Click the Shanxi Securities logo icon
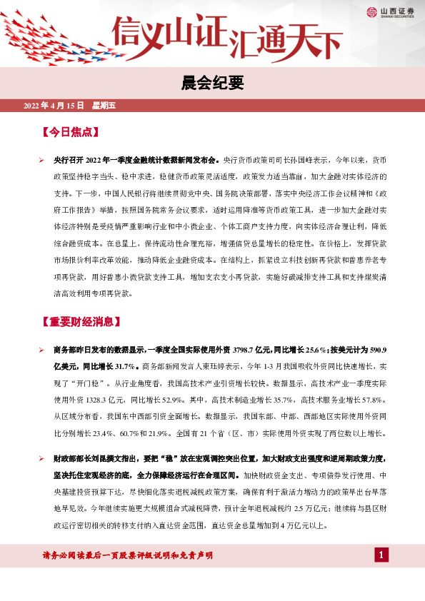coord(371,11)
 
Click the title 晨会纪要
coord(212,84)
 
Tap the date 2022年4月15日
coord(54,106)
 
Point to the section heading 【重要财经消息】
coord(82,322)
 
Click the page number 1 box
coord(381,555)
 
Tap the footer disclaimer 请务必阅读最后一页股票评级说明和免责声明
coord(129,555)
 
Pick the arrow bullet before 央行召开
coord(42,161)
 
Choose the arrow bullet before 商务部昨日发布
coord(42,350)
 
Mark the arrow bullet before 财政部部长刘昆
coord(42,457)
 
